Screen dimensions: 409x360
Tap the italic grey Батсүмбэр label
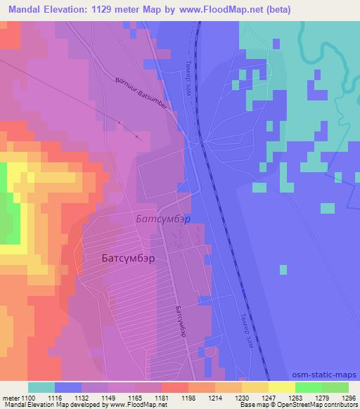(x=162, y=219)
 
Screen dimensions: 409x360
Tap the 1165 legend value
(x=135, y=397)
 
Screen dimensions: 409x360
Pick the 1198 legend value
(x=188, y=397)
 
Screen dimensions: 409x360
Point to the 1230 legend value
(x=242, y=397)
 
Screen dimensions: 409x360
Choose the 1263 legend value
(x=295, y=397)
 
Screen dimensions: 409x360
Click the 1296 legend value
(x=348, y=397)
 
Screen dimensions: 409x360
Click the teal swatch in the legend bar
(x=41, y=387)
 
